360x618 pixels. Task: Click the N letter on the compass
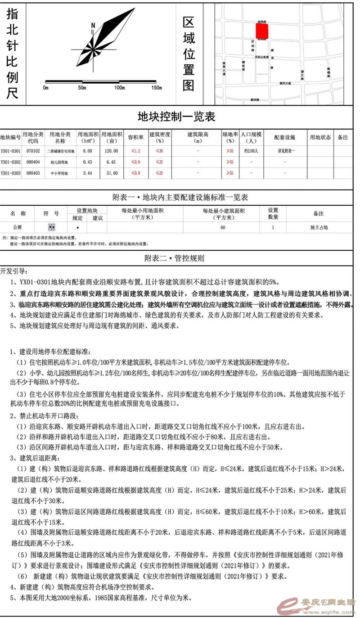coord(93,25)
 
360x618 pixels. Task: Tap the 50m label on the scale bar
coord(82,87)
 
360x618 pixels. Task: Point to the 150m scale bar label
coord(157,87)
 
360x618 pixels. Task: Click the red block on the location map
coord(262,31)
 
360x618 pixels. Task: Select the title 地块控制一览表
coord(176,117)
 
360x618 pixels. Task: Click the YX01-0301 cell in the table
coord(10,151)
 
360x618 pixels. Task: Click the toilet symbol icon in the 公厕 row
coord(51,227)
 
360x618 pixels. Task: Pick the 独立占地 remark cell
coord(319,227)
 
